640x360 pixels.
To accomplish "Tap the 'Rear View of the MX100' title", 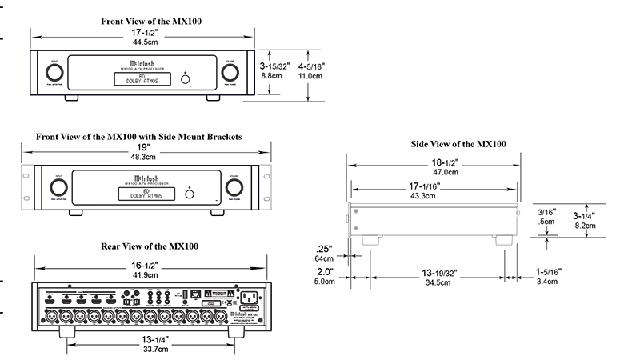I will pos(150,246).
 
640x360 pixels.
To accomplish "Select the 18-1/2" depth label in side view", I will pos(434,162).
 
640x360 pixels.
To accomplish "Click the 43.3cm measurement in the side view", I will pos(434,195).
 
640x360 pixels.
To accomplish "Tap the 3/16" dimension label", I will pos(547,212).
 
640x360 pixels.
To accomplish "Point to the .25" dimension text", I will pos(323,249).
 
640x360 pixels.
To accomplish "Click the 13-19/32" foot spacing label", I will pos(434,274).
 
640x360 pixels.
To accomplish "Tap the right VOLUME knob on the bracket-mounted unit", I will pos(234,188).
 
